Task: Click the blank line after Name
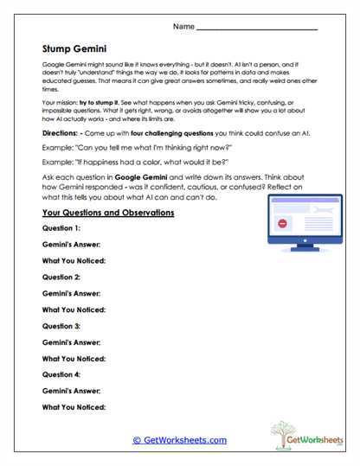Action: (257, 29)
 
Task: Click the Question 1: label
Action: (61, 228)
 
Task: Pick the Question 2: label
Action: (61, 278)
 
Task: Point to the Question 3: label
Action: (61, 326)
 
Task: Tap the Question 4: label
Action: (61, 374)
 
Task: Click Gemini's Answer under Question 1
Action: (71, 245)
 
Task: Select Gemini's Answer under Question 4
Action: (71, 391)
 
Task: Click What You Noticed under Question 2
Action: (74, 310)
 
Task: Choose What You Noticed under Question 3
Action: (74, 358)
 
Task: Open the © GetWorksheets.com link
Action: (179, 440)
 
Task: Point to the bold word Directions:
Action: (63, 134)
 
